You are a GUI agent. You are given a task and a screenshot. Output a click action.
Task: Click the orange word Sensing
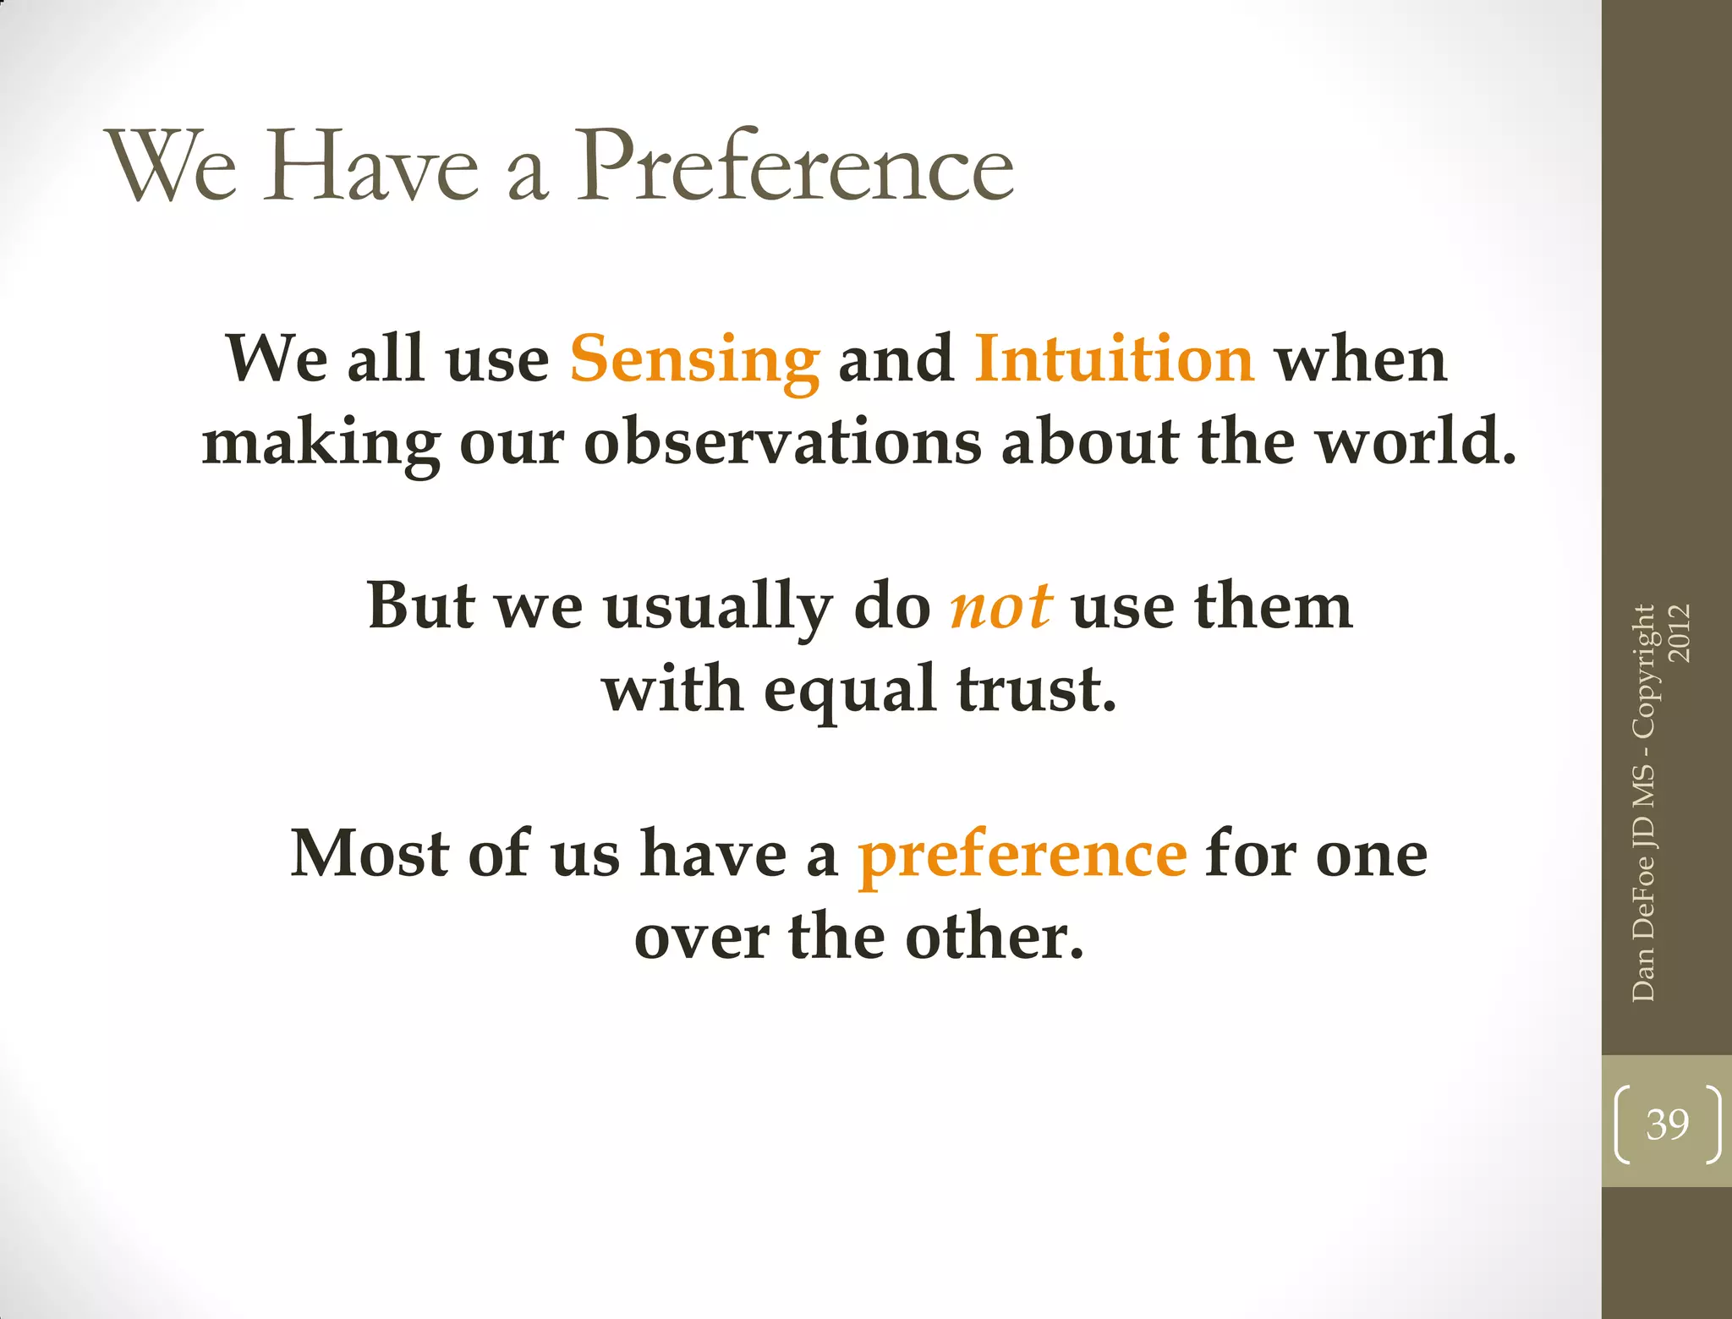694,360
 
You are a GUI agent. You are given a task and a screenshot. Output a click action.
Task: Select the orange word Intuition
1114,358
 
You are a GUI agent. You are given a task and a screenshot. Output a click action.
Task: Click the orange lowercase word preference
1022,856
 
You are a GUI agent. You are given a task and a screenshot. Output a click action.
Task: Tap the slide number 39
1667,1125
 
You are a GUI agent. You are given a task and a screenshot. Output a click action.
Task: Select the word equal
849,690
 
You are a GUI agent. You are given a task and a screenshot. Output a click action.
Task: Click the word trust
1036,688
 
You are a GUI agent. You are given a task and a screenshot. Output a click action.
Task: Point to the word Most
369,854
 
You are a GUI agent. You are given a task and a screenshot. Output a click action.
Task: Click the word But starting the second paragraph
420,606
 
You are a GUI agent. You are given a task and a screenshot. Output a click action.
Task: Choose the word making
321,445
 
